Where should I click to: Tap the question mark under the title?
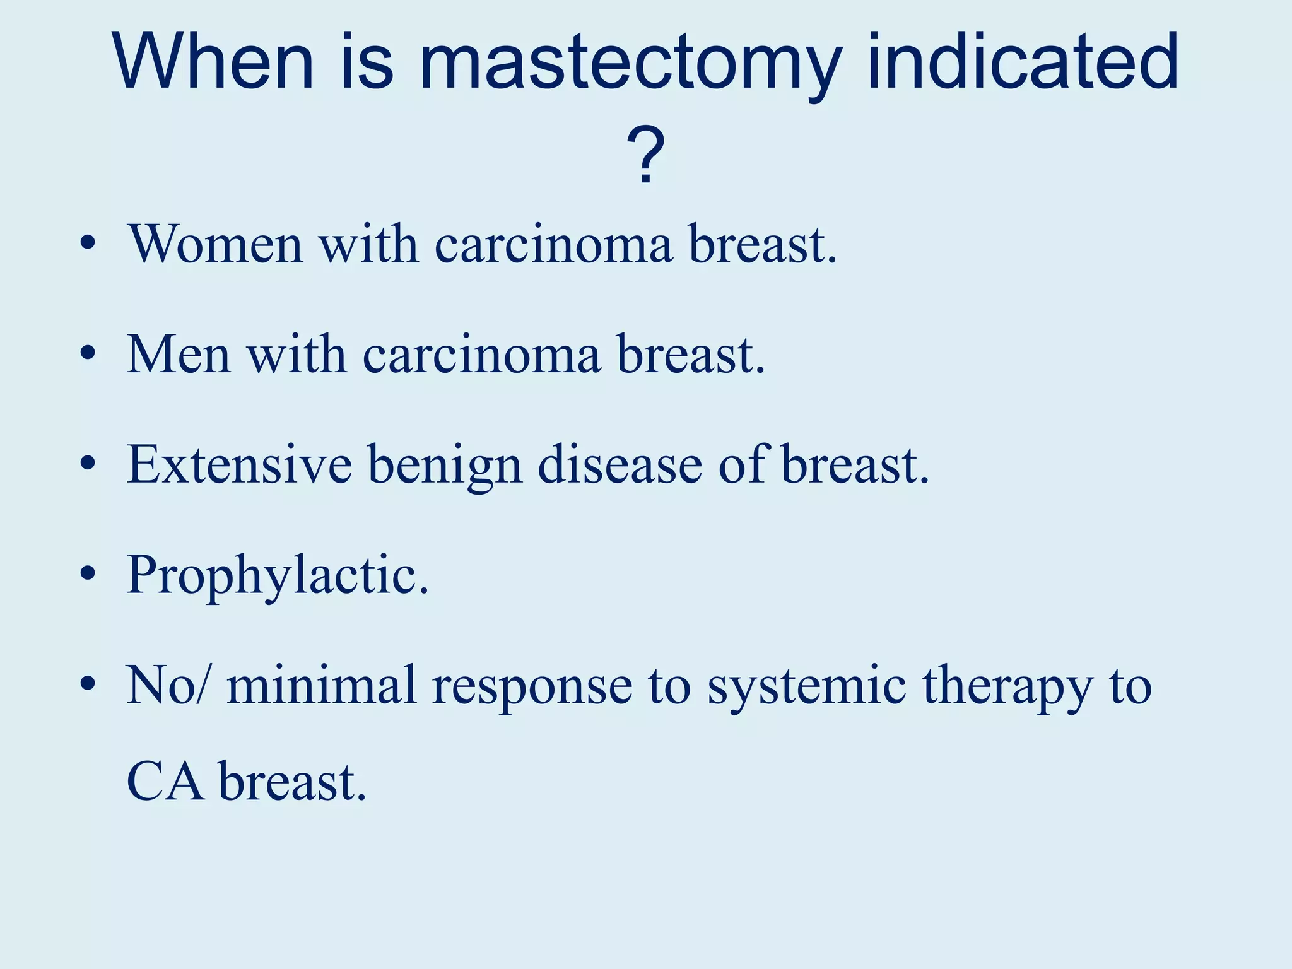645,155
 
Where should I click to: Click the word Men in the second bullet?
179,355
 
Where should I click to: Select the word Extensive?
239,465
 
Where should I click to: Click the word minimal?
322,685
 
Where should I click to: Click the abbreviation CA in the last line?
165,782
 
